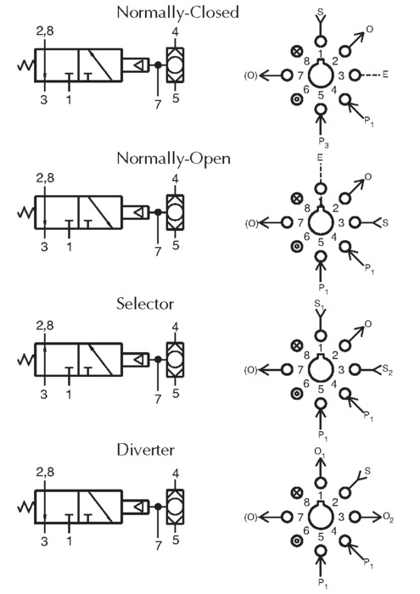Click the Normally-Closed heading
click(x=177, y=13)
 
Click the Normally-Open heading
click(x=173, y=159)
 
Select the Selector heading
click(x=145, y=304)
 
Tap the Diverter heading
click(x=146, y=450)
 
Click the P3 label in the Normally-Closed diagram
click(x=323, y=143)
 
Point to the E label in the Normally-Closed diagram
click(x=385, y=75)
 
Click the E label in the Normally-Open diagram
click(x=320, y=157)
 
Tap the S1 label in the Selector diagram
click(x=320, y=304)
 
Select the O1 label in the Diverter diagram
click(x=320, y=451)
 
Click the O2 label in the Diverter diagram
click(x=389, y=517)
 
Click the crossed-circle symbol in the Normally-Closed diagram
click(x=297, y=51)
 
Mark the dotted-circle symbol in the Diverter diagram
click(x=296, y=541)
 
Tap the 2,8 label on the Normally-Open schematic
click(x=45, y=177)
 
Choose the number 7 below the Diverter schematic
click(x=158, y=546)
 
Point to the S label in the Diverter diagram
click(x=367, y=471)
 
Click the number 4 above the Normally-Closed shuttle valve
click(x=175, y=31)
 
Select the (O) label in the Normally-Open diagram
click(x=250, y=223)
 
